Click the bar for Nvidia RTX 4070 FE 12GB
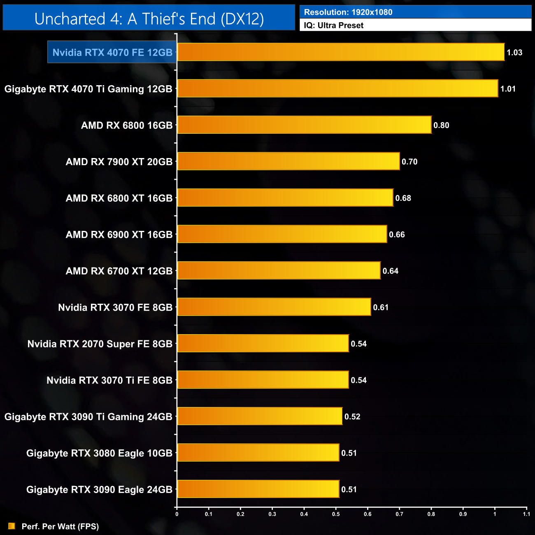[341, 52]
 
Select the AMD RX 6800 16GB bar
[304, 125]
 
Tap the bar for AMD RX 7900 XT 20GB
[288, 161]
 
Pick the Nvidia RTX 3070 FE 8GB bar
[274, 307]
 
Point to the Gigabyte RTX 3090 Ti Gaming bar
[260, 416]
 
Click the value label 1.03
[514, 53]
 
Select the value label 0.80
[441, 126]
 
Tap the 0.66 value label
[397, 235]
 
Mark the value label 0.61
[381, 307]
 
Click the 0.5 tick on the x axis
[336, 514]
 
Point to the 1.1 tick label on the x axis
[526, 514]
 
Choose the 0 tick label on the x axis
[177, 514]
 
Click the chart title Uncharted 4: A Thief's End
[149, 19]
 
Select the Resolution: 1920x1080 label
[348, 12]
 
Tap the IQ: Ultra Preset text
[334, 26]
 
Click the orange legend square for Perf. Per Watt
[12, 526]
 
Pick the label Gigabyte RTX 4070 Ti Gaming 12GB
[88, 89]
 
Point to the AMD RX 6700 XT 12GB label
[119, 271]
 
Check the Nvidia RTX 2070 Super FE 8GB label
[100, 344]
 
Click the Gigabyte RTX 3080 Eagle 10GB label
[99, 453]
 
